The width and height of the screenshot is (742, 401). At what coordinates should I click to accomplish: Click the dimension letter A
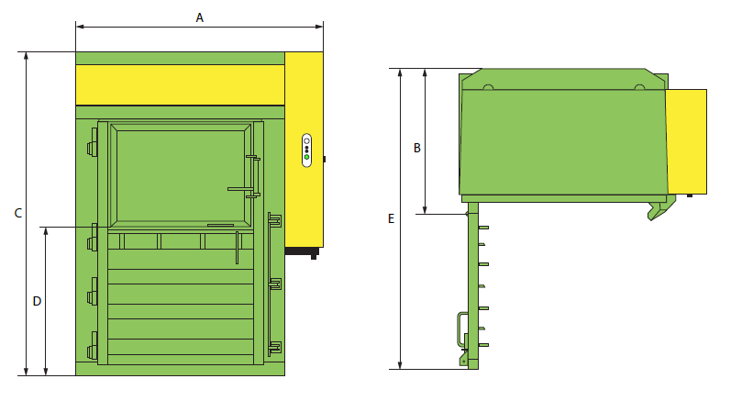[200, 18]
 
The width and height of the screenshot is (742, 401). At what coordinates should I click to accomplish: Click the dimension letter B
[417, 148]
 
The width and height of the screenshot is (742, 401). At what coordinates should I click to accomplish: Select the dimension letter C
[18, 213]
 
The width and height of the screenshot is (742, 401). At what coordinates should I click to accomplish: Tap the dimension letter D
[37, 301]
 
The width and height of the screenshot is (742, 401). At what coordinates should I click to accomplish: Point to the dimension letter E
[391, 218]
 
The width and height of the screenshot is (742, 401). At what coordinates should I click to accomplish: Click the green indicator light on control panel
[306, 157]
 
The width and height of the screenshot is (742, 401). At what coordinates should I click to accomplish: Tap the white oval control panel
[306, 150]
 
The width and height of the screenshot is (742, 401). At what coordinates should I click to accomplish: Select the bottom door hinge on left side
[92, 351]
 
